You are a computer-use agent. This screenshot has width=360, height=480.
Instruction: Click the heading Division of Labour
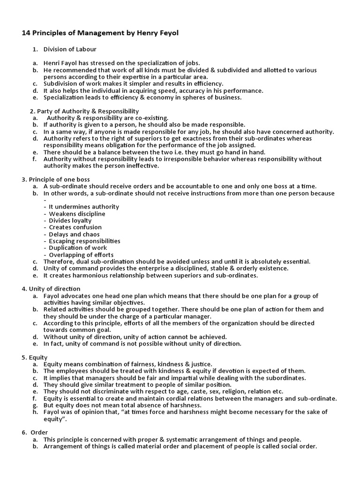pos(70,49)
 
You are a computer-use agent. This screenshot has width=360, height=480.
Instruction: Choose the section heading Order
pos(39,432)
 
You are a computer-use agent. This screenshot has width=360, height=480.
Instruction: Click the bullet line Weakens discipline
pos(77,214)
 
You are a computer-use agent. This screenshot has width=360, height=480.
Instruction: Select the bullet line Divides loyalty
pos(70,220)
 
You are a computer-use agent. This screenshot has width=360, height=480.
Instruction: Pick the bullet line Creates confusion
pos(75,227)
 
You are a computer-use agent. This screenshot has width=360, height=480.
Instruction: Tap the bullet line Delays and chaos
pos(74,234)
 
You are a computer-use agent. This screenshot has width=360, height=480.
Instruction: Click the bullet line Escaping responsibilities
pos(84,241)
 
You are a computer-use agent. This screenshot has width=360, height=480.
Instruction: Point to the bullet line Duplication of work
pos(78,247)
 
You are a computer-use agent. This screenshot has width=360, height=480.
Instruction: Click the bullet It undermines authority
pos(84,207)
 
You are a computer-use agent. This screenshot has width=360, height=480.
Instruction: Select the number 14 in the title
pos(26,34)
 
